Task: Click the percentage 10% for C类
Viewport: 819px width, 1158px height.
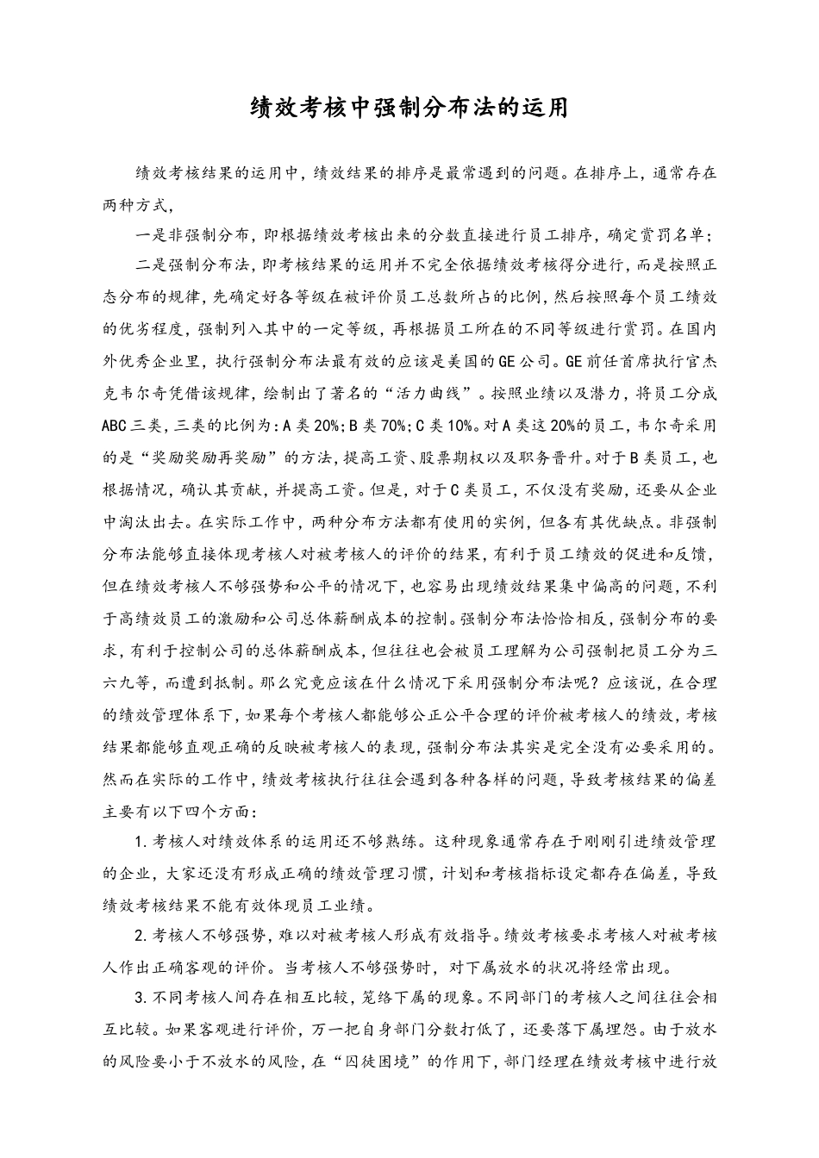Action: point(460,425)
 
